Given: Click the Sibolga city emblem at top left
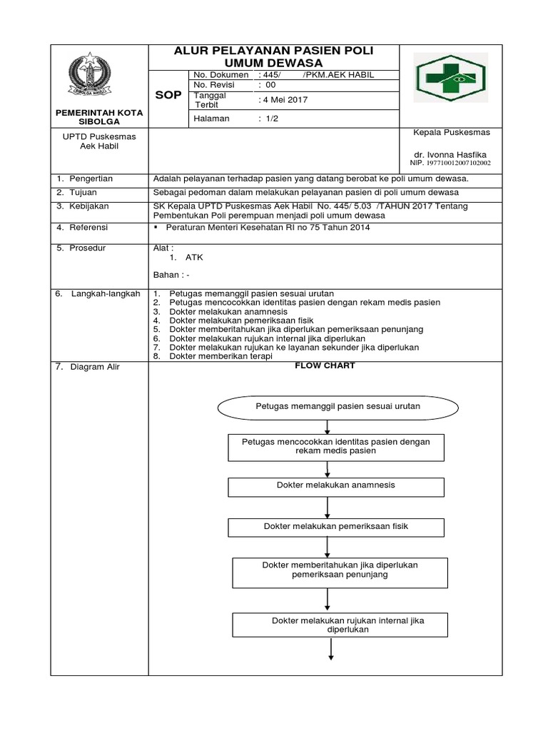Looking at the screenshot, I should (x=100, y=76).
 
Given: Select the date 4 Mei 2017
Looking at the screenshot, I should (x=283, y=100).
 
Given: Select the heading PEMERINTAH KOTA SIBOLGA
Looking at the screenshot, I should (x=101, y=117).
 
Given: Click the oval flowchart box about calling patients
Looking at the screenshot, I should (x=328, y=406).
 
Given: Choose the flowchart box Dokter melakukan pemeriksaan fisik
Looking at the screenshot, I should (x=335, y=527).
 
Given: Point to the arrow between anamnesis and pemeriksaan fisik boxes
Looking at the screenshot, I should (x=328, y=506).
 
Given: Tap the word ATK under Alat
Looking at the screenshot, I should (x=195, y=258).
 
